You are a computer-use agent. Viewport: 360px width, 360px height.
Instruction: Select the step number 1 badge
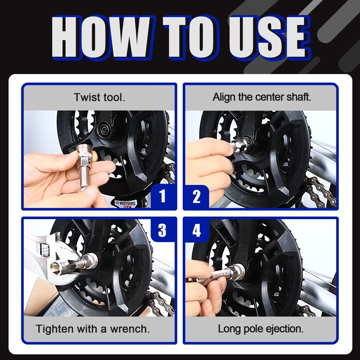point(162,196)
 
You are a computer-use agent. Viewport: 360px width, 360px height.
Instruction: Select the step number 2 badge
point(197,197)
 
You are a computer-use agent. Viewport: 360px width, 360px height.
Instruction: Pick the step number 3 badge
point(162,230)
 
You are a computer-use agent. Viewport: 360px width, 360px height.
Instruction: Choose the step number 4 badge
point(197,230)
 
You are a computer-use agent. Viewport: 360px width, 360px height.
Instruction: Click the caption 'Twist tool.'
point(99,97)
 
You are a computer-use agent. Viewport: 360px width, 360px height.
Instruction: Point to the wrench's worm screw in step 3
point(45,250)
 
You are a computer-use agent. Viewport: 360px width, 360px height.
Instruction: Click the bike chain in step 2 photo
point(321,190)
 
